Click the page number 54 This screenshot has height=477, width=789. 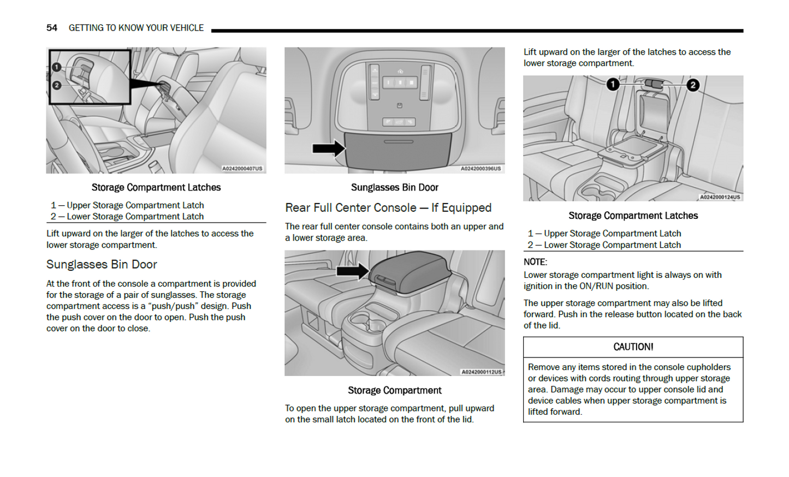click(x=51, y=28)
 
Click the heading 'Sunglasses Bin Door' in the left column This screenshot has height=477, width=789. click(x=102, y=265)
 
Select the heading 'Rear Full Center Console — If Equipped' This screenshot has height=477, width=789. click(x=388, y=208)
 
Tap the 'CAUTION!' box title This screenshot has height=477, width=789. click(x=633, y=347)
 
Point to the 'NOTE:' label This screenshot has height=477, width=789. click(x=535, y=262)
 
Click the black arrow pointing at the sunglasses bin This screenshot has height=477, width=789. click(x=328, y=148)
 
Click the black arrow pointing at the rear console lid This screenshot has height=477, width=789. click(x=353, y=271)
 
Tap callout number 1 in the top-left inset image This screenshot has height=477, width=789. click(x=57, y=67)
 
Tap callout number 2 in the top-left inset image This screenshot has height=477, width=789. click(x=57, y=85)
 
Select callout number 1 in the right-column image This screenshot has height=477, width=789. click(x=613, y=84)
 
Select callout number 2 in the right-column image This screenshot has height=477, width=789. click(x=693, y=85)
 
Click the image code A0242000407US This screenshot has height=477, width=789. click(x=242, y=169)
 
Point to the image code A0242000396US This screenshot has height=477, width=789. click(x=480, y=169)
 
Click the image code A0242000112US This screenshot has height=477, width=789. click(x=481, y=372)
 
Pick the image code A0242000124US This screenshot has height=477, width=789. click(x=720, y=197)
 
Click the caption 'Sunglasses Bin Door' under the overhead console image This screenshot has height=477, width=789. click(x=394, y=188)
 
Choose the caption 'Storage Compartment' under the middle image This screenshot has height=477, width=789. click(x=394, y=391)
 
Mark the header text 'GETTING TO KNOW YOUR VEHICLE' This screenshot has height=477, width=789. click(x=136, y=28)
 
